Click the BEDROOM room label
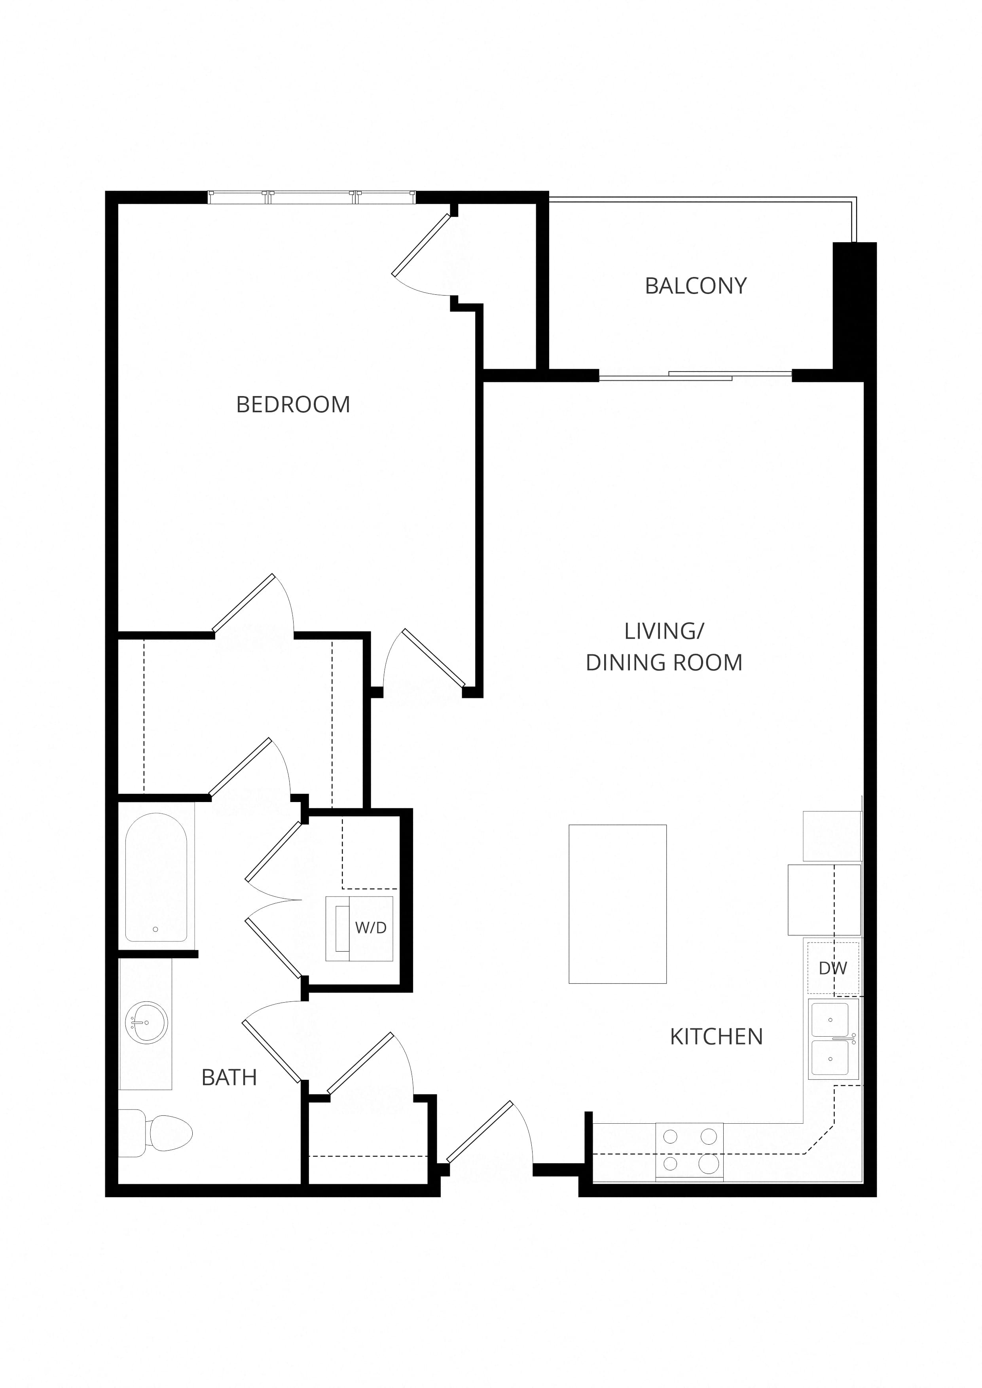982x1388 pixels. pyautogui.click(x=293, y=404)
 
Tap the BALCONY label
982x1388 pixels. pyautogui.click(x=696, y=286)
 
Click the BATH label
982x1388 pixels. pyautogui.click(x=229, y=1077)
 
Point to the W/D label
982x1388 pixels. pyautogui.click(x=371, y=927)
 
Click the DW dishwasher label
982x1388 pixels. pyautogui.click(x=833, y=968)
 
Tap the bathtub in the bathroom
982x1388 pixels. pyautogui.click(x=156, y=877)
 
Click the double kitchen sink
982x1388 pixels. pyautogui.click(x=833, y=1039)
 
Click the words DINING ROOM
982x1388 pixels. pyautogui.click(x=664, y=663)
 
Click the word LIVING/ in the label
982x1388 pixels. pyautogui.click(x=664, y=631)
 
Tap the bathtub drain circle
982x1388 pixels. pyautogui.click(x=155, y=929)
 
